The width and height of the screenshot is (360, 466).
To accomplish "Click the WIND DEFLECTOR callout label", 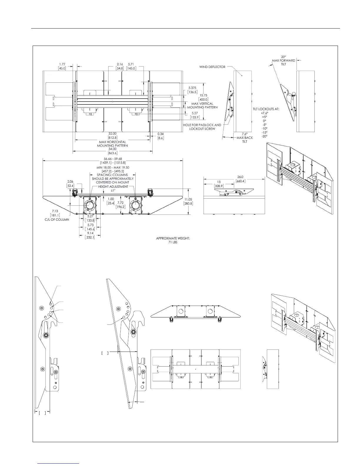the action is (x=212, y=67).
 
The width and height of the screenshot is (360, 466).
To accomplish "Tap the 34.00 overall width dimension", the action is (x=113, y=149).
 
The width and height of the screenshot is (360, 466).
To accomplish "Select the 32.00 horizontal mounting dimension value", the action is (x=112, y=134).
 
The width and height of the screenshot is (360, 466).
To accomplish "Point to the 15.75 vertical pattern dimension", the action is (x=204, y=95).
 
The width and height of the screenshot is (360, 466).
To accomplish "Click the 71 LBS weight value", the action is (x=173, y=242).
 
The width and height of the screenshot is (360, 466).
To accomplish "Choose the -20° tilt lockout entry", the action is (x=265, y=136).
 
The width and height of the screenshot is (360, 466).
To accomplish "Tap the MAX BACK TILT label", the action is (x=245, y=139).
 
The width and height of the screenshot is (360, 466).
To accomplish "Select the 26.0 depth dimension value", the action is (x=240, y=177).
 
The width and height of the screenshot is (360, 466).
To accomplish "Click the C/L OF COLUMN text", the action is (x=57, y=219).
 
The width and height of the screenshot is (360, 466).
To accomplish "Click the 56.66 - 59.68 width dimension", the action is (x=113, y=159).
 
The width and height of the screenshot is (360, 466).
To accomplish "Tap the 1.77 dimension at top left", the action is (x=62, y=64).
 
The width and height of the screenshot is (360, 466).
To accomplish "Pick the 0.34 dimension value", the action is (x=161, y=134).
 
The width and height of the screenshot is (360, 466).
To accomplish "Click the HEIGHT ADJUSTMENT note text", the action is (x=113, y=187).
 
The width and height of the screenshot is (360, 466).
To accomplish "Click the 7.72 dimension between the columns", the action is (x=120, y=203).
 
